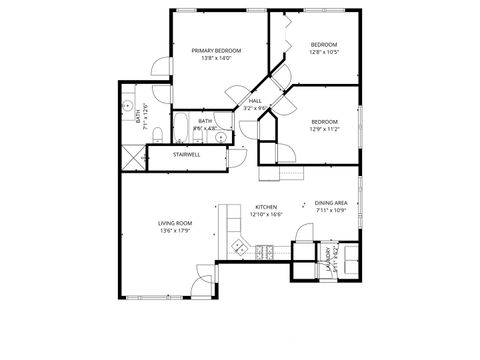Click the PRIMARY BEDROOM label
click(x=210, y=50)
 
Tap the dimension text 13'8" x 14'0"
click(x=210, y=58)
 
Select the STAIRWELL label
click(x=187, y=155)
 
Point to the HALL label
click(x=255, y=101)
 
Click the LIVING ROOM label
click(x=174, y=223)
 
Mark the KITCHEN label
click(x=265, y=207)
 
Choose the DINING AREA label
click(x=331, y=203)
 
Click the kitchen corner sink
click(x=239, y=246)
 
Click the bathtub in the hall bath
click(x=182, y=126)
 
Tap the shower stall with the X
click(x=132, y=155)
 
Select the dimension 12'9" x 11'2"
click(x=326, y=129)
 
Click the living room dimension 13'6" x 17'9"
click(x=174, y=231)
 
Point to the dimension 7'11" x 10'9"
click(x=331, y=211)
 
